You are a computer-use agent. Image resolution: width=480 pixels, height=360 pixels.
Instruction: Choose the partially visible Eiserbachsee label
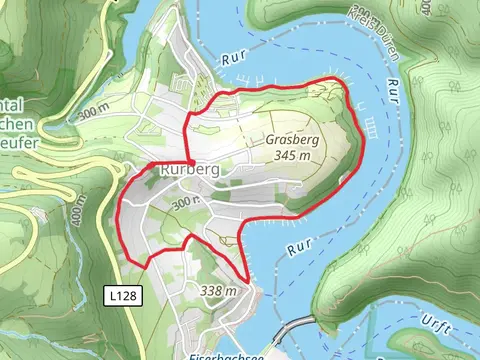(225, 354)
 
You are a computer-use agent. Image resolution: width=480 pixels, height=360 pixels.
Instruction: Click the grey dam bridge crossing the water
(297, 328)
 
